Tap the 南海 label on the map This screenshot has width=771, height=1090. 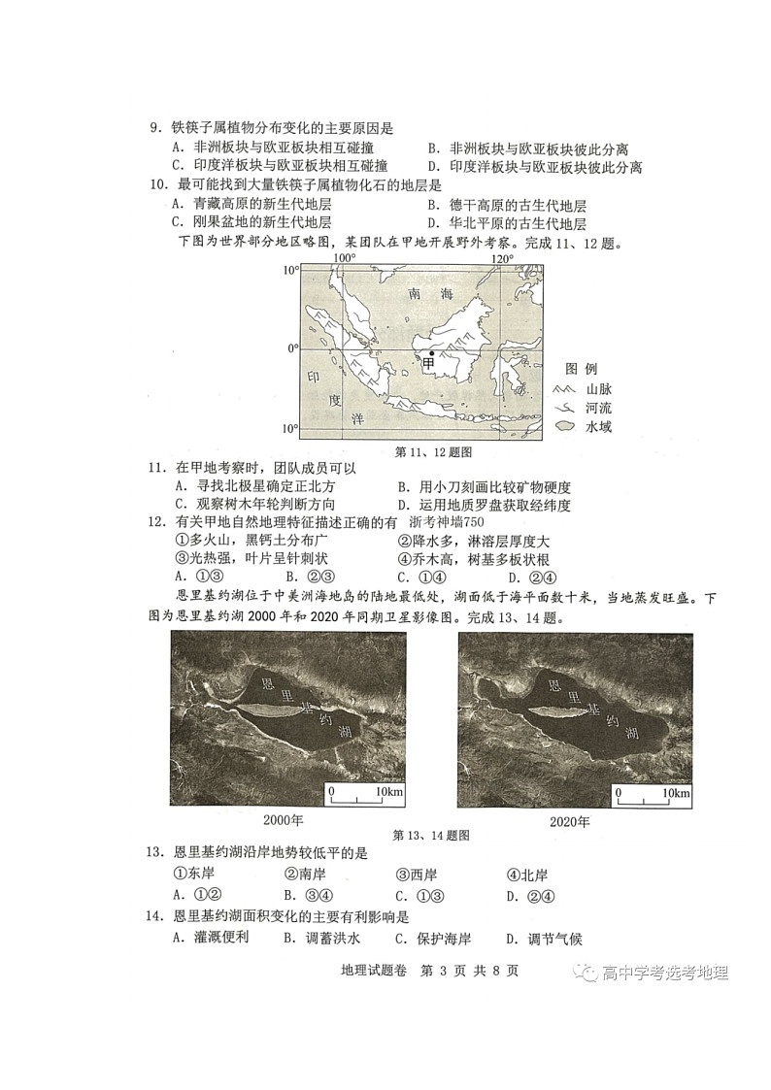[430, 293]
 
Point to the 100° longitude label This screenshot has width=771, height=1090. [344, 258]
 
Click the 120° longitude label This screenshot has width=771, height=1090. [501, 258]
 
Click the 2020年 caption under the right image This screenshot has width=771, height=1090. [570, 821]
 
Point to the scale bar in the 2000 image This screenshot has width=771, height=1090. [365, 796]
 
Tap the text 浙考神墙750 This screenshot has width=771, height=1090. [473, 523]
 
